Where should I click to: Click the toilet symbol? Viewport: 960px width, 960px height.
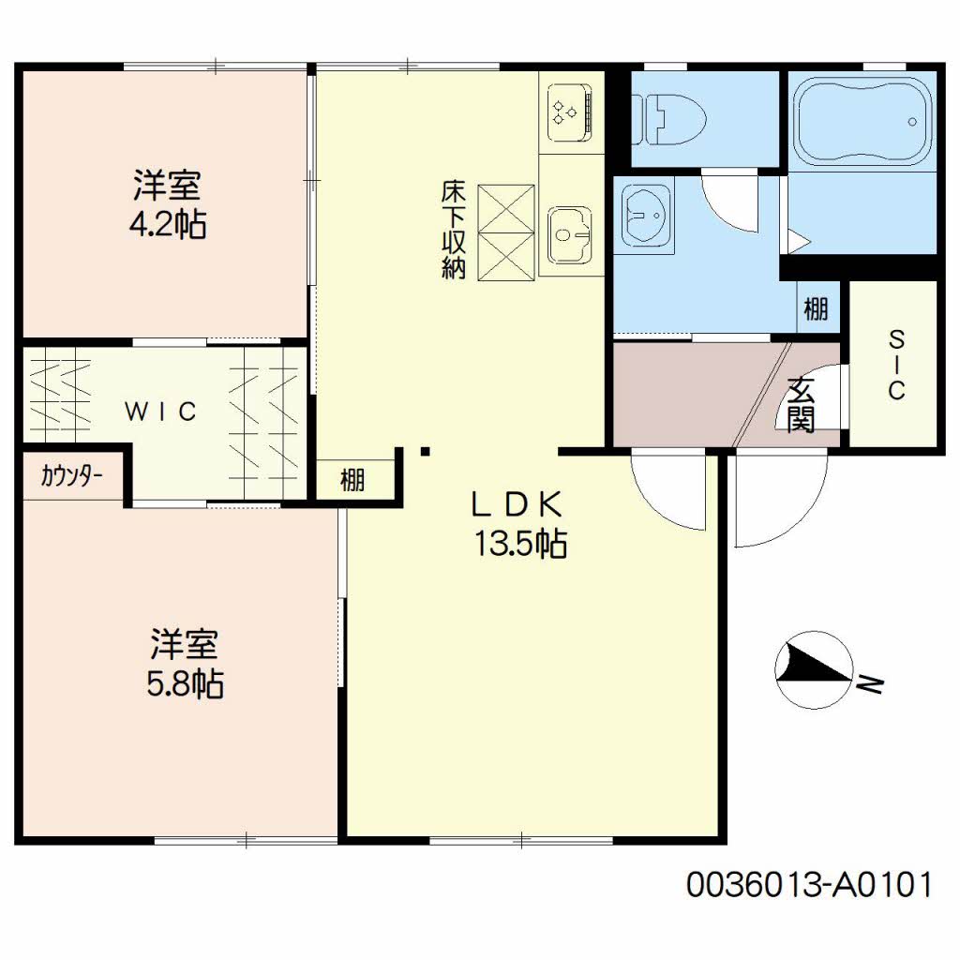(x=668, y=119)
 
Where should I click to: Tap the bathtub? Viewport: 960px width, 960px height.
(x=862, y=121)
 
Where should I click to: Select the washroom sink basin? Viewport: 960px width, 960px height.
(x=645, y=217)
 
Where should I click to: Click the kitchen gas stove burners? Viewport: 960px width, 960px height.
(x=570, y=113)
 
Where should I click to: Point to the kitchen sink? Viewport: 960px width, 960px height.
(x=570, y=233)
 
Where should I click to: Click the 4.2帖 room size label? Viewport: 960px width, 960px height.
(x=168, y=224)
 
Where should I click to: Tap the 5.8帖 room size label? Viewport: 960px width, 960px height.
(x=185, y=683)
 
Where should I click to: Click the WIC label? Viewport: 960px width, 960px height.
(x=160, y=412)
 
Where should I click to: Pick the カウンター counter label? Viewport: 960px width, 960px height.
(x=71, y=475)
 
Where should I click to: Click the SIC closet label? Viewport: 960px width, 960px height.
(x=896, y=365)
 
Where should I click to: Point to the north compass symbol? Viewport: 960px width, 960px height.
(x=814, y=669)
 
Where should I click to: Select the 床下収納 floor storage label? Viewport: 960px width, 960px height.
(x=454, y=229)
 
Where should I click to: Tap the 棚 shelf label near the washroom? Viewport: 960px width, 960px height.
(x=817, y=308)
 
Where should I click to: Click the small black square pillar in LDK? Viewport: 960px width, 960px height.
(x=426, y=453)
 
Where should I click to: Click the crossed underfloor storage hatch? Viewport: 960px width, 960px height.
(x=505, y=232)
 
